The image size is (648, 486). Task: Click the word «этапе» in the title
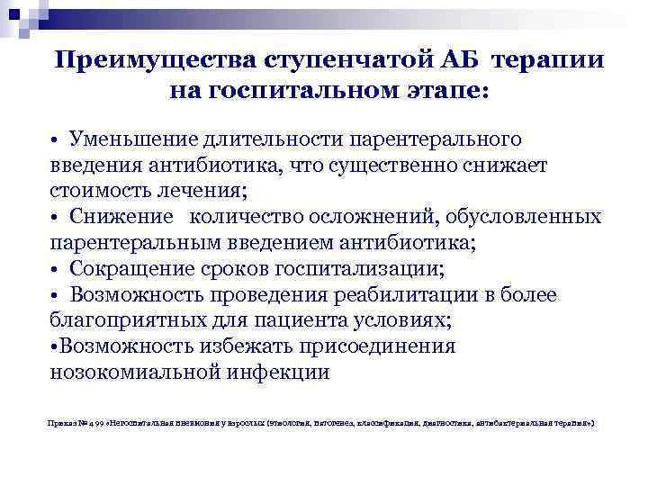pos(449,90)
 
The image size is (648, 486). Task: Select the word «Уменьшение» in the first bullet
pos(135,140)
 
